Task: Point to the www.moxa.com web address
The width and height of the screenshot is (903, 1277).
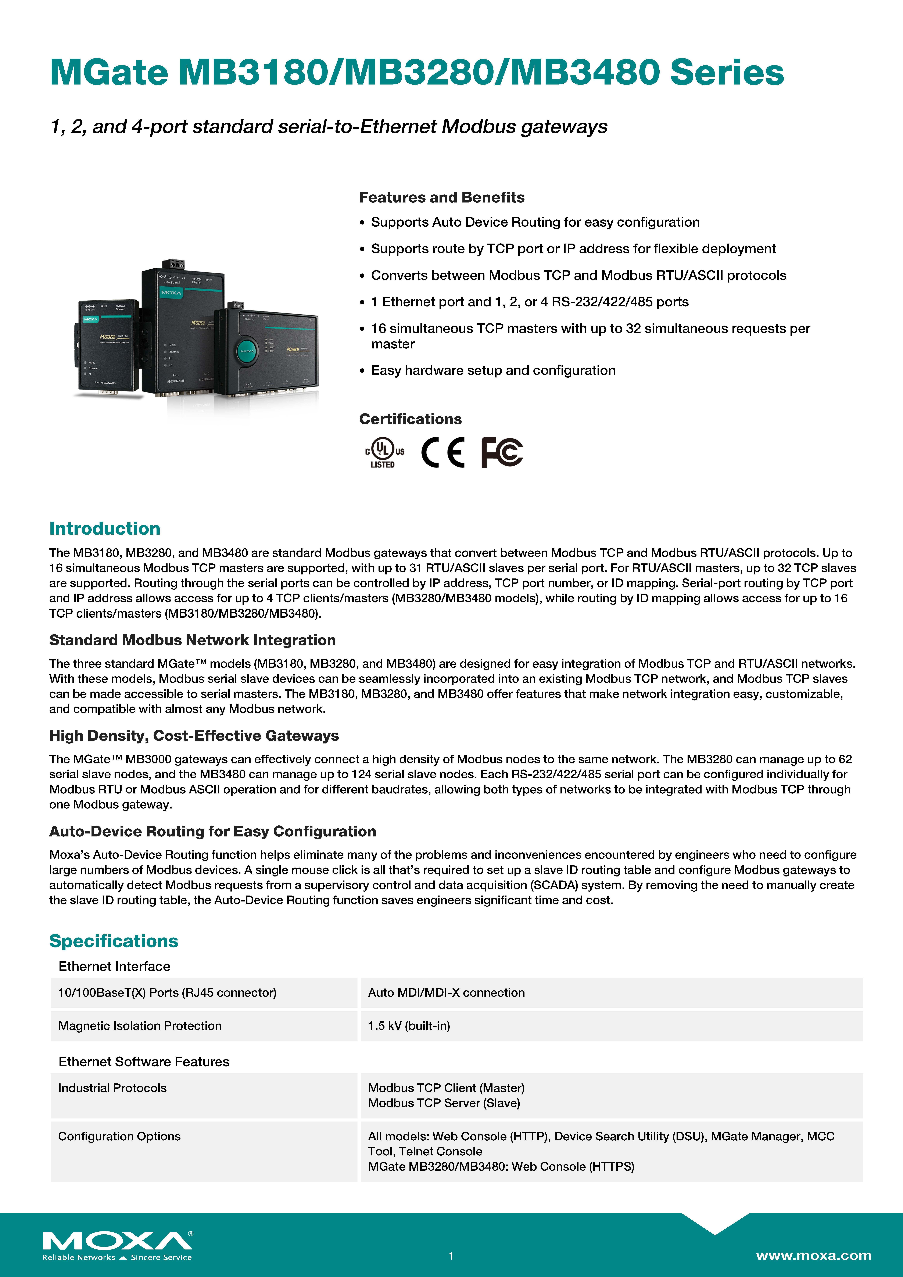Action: click(x=813, y=1255)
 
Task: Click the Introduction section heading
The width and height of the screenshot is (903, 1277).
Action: click(x=105, y=528)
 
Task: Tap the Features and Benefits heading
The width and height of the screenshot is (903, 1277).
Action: click(x=441, y=197)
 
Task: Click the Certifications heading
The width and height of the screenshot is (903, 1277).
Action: click(x=410, y=419)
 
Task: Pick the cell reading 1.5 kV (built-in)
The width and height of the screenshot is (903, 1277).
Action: click(x=409, y=1026)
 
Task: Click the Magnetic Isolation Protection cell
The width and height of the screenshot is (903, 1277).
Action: click(x=140, y=1026)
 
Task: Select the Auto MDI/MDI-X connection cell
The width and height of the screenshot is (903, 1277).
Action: click(x=446, y=992)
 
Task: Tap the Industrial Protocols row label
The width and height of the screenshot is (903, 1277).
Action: click(x=112, y=1088)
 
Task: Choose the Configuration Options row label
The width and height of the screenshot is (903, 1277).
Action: click(x=119, y=1136)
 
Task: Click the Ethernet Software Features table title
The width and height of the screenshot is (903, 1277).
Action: click(x=144, y=1062)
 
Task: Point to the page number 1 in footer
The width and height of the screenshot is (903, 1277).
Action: click(x=451, y=1255)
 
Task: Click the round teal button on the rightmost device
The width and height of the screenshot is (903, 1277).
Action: click(x=247, y=351)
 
